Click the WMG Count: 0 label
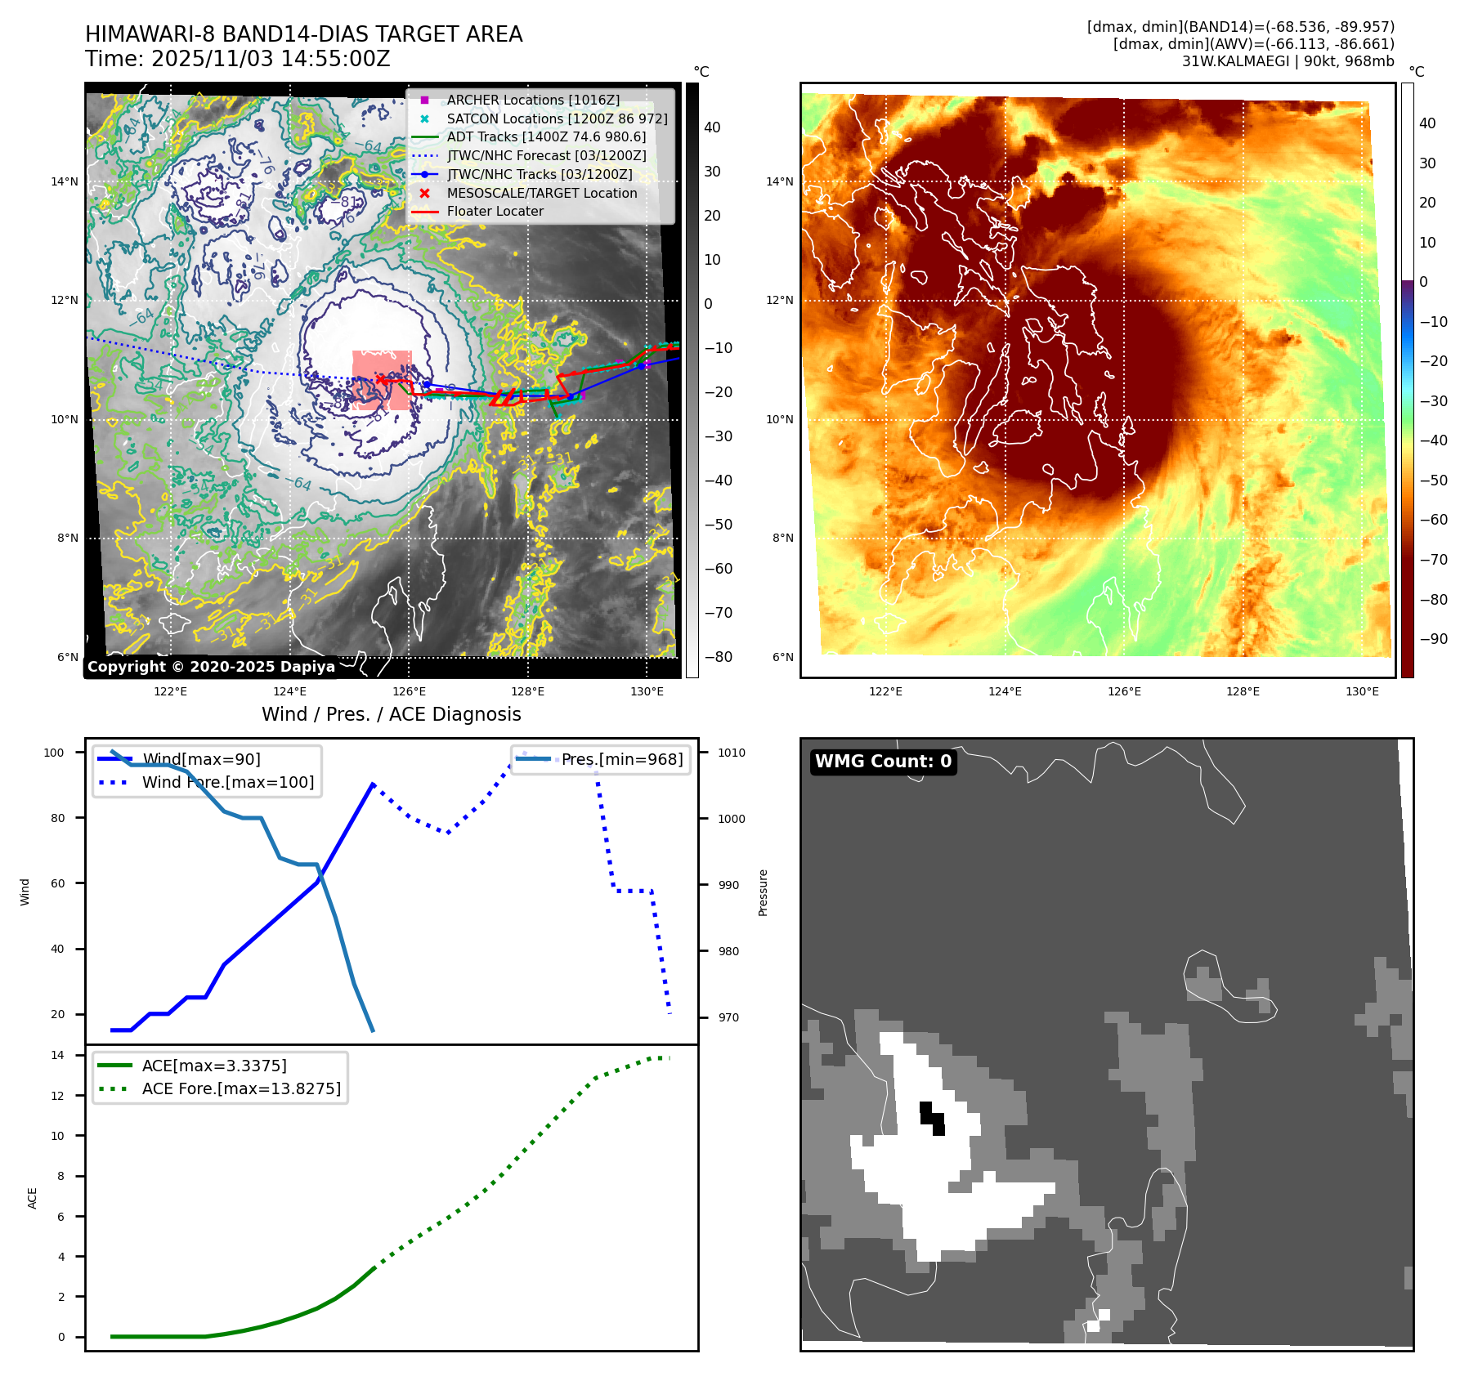883,762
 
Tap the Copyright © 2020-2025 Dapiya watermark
211,667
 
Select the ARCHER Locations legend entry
532,100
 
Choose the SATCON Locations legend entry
556,118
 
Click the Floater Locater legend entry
495,211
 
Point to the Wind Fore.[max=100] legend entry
227,782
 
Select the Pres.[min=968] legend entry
621,759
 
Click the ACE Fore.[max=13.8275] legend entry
241,1088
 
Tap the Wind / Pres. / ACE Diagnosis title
391,714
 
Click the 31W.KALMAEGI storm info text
1288,61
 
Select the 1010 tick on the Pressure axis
732,753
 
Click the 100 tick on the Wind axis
54,753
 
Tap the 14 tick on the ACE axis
57,1055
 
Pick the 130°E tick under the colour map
1362,692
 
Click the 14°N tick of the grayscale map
65,181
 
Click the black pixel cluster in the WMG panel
933,1119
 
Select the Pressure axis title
763,892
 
